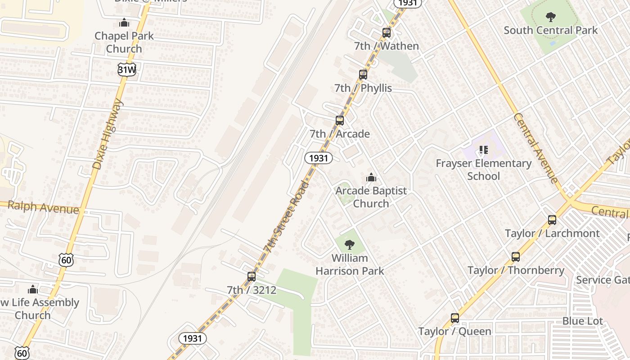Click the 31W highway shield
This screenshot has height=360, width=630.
(127, 69)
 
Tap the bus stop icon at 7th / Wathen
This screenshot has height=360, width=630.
(387, 33)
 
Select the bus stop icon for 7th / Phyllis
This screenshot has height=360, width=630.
(363, 75)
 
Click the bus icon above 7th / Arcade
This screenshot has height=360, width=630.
(340, 121)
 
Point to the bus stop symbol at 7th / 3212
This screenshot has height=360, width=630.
(252, 277)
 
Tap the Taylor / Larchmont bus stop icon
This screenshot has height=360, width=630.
(552, 220)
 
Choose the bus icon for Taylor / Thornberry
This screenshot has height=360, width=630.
(516, 257)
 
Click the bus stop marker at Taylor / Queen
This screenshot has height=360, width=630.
(455, 318)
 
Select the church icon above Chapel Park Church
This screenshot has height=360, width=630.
(124, 22)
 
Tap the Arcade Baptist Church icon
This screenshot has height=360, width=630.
(371, 177)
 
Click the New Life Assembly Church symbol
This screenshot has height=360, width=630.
(33, 289)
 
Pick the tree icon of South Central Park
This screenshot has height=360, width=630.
(550, 18)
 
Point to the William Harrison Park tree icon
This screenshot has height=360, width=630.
(349, 245)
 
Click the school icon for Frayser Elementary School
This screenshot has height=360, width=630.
(484, 150)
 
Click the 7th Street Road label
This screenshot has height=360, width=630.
(286, 216)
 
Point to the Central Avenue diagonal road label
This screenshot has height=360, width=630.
(536, 148)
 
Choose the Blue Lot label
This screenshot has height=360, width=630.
(582, 321)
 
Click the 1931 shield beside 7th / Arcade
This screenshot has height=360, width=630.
(319, 158)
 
